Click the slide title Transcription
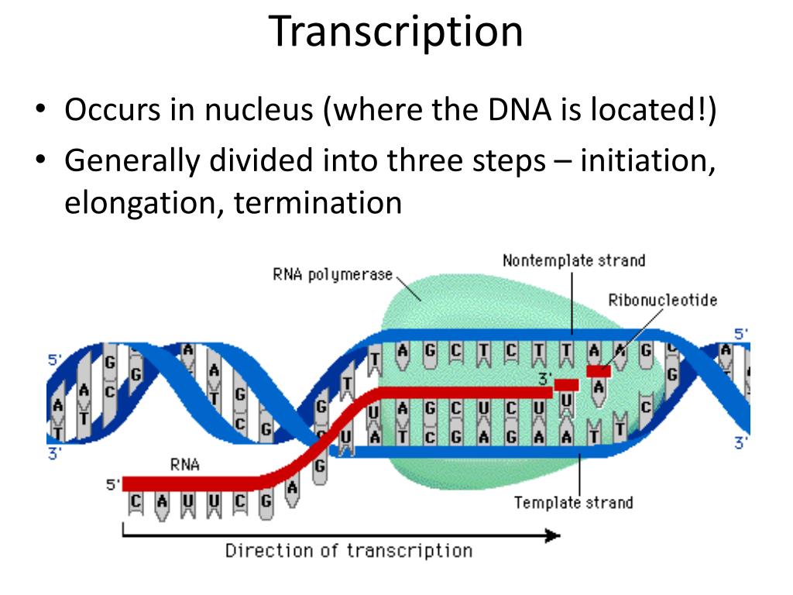396,32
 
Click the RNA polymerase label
332,274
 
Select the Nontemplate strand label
573,260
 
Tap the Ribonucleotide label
662,300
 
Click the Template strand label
573,503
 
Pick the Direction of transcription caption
348,551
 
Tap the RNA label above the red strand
184,465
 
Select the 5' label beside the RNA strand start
113,486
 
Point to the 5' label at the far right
741,335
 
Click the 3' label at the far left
54,455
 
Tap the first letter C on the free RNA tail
136,502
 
